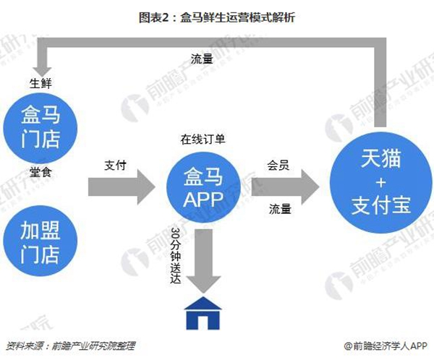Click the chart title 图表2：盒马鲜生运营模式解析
pos(217,17)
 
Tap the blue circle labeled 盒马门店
pos(40,128)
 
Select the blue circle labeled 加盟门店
pos(40,241)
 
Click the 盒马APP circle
pos(203,188)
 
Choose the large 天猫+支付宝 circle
pos(381,183)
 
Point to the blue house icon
pos(203,313)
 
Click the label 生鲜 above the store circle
pos(41,83)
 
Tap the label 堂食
pos(41,172)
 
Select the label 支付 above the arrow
pos(116,166)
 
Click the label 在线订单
pos(203,140)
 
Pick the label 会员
pos(278,166)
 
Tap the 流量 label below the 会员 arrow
pos(280,209)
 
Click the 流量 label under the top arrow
pos(202,59)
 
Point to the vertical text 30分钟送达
pos(176,256)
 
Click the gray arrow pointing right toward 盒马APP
pos(122,187)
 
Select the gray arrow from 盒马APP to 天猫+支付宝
pos(285,187)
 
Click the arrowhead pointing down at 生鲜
pos(42,72)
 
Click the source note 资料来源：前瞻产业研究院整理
pos(71,346)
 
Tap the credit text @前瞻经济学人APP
pos(386,346)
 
